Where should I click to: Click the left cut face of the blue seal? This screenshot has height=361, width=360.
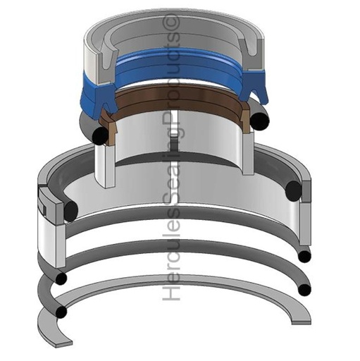[x=94, y=98]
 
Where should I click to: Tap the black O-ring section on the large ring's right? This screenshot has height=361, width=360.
[x=294, y=190]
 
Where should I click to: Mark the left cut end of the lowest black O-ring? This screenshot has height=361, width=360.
[x=63, y=311]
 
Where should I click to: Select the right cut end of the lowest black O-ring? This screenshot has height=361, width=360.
[x=304, y=289]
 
